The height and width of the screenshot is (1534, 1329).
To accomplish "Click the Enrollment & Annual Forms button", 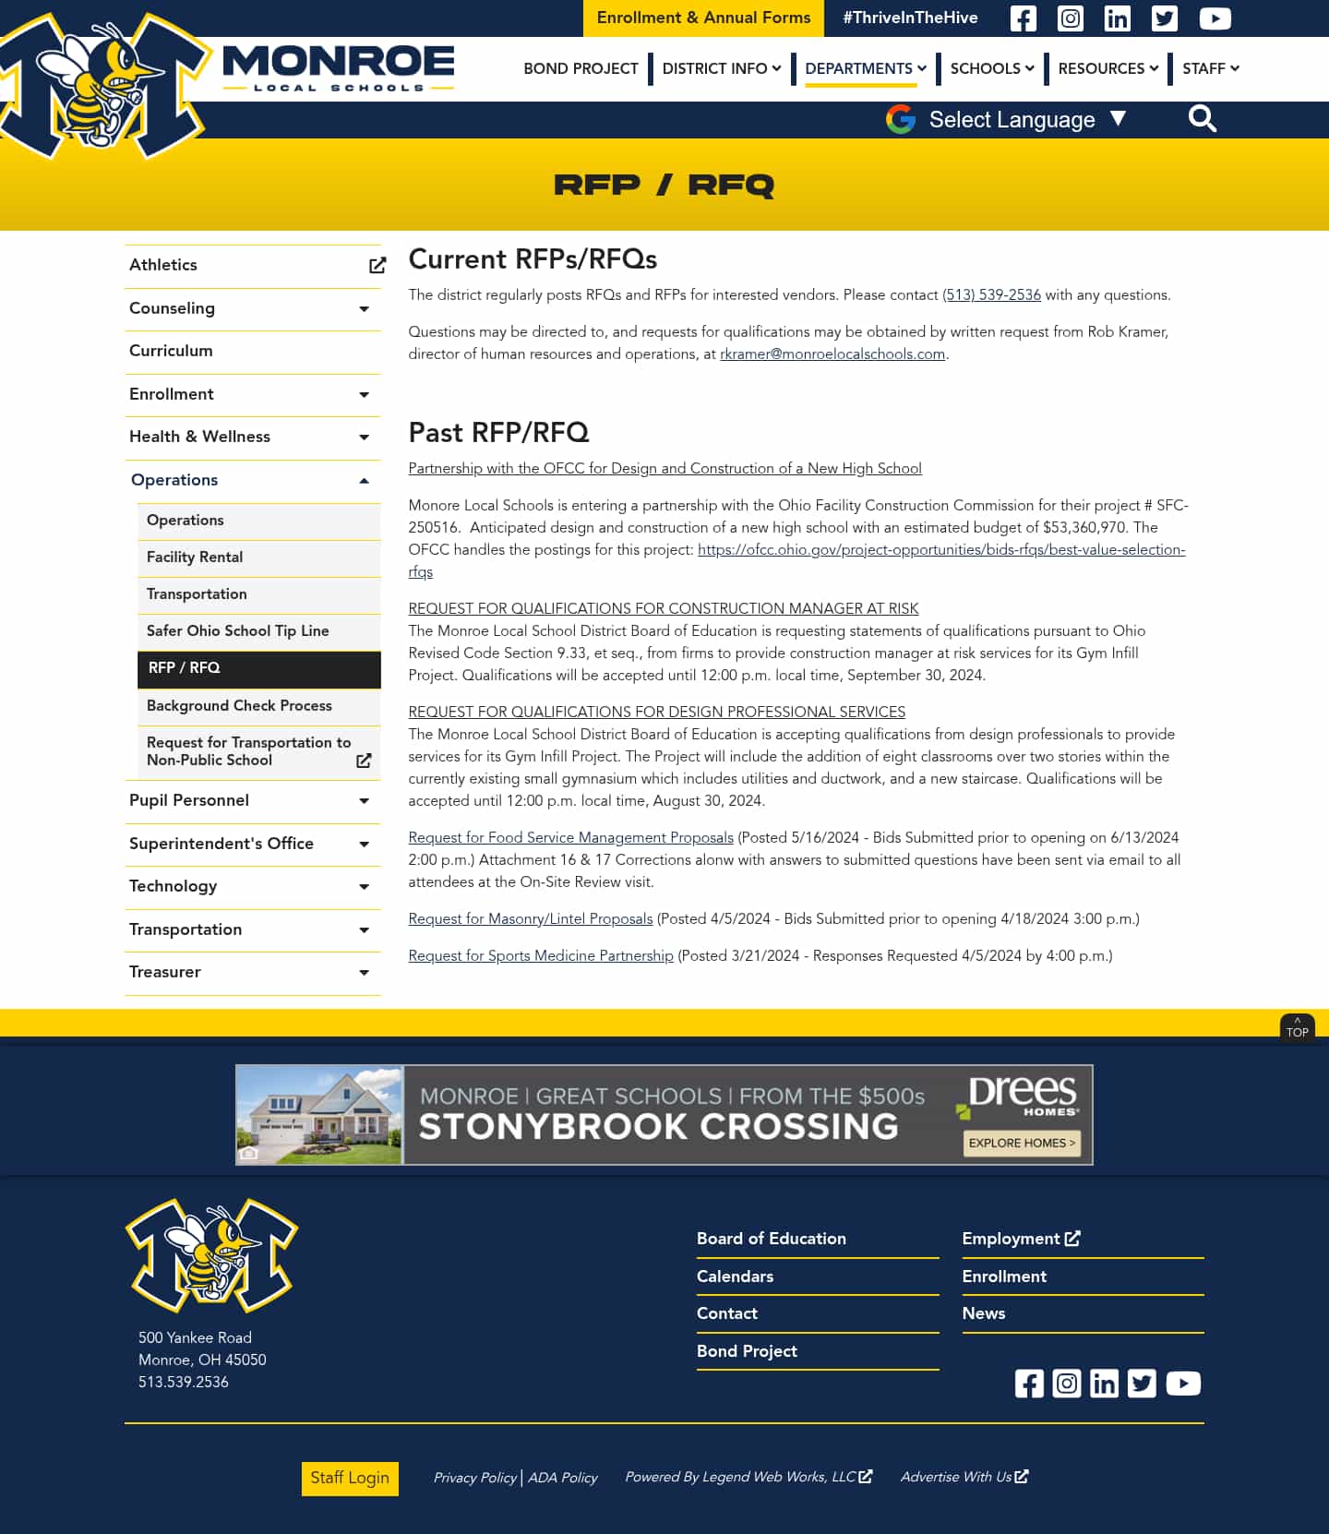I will pyautogui.click(x=703, y=18).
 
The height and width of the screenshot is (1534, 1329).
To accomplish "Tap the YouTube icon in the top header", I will pyautogui.click(x=1215, y=18).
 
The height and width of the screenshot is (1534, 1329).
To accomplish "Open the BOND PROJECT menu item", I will pyautogui.click(x=581, y=68).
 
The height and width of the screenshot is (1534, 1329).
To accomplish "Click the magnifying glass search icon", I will pyautogui.click(x=1202, y=119).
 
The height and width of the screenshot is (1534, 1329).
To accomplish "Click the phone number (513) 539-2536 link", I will pyautogui.click(x=991, y=295).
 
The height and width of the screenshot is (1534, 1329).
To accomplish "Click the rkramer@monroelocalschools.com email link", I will pyautogui.click(x=832, y=354).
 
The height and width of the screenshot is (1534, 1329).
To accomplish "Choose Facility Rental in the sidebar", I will pyautogui.click(x=195, y=557).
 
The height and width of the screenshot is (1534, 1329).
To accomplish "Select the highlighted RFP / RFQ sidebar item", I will pyautogui.click(x=185, y=668).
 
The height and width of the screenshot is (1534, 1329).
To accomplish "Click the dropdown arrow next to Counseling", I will pyautogui.click(x=364, y=309).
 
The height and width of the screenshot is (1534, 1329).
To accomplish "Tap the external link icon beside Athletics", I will pyautogui.click(x=377, y=266).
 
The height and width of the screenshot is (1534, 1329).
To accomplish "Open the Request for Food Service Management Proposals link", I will pyautogui.click(x=570, y=838).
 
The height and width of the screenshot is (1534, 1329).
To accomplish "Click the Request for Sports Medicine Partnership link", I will pyautogui.click(x=541, y=956).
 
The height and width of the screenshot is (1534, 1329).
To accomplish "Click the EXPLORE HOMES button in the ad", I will pyautogui.click(x=1022, y=1143).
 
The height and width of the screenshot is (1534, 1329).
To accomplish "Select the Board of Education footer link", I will pyautogui.click(x=771, y=1239).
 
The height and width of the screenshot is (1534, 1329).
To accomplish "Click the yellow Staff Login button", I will pyautogui.click(x=350, y=1478).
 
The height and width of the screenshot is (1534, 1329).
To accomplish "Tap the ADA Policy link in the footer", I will pyautogui.click(x=563, y=1478).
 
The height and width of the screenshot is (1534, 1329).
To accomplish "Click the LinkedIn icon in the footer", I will pyautogui.click(x=1104, y=1384).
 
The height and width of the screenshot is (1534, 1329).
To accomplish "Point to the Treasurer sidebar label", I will pyautogui.click(x=165, y=972).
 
